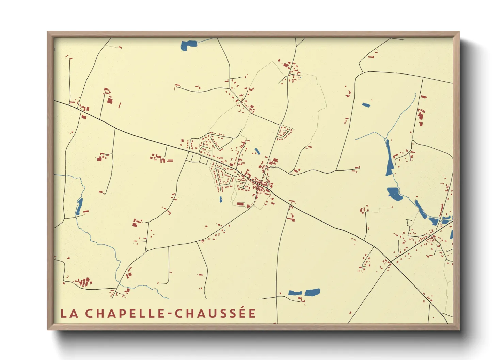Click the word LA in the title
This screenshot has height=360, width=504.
[69, 313]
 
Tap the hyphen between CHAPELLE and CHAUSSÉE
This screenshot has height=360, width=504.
[170, 314]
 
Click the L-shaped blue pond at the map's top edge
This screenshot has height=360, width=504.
[188, 45]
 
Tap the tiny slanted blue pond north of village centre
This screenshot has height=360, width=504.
[257, 151]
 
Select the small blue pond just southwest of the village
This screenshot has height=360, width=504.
[221, 199]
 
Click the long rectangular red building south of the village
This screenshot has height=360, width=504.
[240, 204]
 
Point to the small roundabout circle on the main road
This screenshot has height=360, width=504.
[236, 169]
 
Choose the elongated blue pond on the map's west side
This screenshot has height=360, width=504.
[79, 206]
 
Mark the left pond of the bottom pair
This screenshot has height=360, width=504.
[295, 293]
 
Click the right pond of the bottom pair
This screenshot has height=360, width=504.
[312, 292]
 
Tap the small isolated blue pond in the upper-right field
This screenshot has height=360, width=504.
[366, 105]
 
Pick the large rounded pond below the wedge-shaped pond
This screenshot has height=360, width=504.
[394, 194]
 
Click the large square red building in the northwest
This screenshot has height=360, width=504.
[110, 100]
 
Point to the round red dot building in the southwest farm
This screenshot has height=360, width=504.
[91, 282]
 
